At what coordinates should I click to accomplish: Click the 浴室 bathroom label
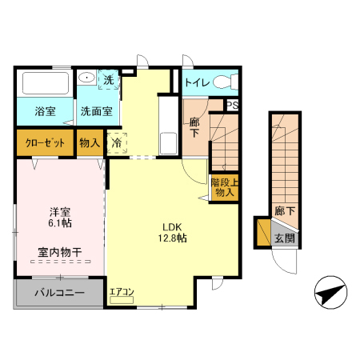pos(44,111)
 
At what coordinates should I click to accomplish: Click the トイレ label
pos(196,82)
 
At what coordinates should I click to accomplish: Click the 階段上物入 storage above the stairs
pos(224,187)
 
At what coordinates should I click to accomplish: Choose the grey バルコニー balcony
pos(59,294)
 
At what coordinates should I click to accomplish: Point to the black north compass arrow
pos(330,293)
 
